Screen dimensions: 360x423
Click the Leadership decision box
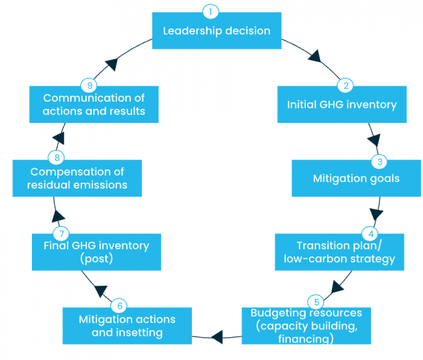216,31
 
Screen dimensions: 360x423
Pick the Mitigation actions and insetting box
127,326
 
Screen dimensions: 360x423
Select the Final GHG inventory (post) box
96,252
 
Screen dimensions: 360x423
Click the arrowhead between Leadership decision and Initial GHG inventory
316,57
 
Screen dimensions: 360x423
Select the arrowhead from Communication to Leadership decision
111,63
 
